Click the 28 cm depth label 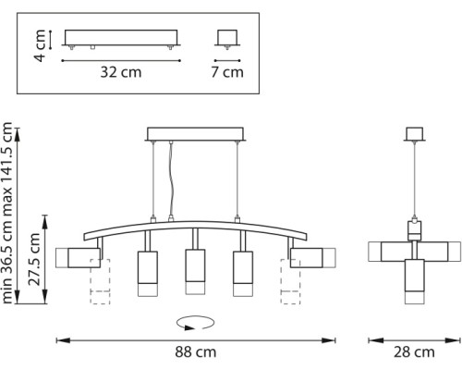(413, 351)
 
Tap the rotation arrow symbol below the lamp (195, 323)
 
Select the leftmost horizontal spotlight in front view (79, 255)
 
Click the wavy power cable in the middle (171, 180)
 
